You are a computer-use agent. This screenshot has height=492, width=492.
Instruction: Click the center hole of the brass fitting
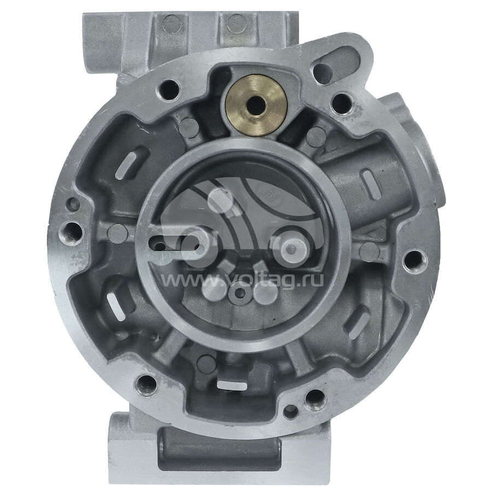[256, 105]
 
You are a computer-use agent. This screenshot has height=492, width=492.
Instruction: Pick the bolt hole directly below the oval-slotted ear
[341, 102]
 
